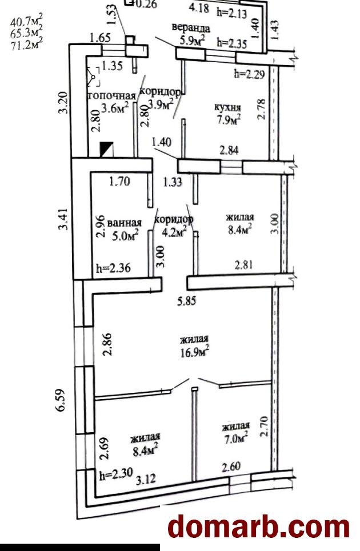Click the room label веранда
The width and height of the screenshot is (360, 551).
coord(190,28)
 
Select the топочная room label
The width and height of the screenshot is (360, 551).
coord(111,96)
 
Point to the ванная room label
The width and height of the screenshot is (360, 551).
coord(125,223)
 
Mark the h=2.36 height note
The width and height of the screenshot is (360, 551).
coord(114,268)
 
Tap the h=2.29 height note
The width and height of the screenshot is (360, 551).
coord(249,74)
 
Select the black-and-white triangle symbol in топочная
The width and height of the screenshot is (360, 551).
coord(106,149)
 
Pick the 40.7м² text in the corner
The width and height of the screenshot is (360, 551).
coord(26,22)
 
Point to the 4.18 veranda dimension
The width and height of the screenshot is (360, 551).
coord(199,8)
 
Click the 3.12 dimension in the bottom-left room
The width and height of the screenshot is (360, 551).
coord(146,478)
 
